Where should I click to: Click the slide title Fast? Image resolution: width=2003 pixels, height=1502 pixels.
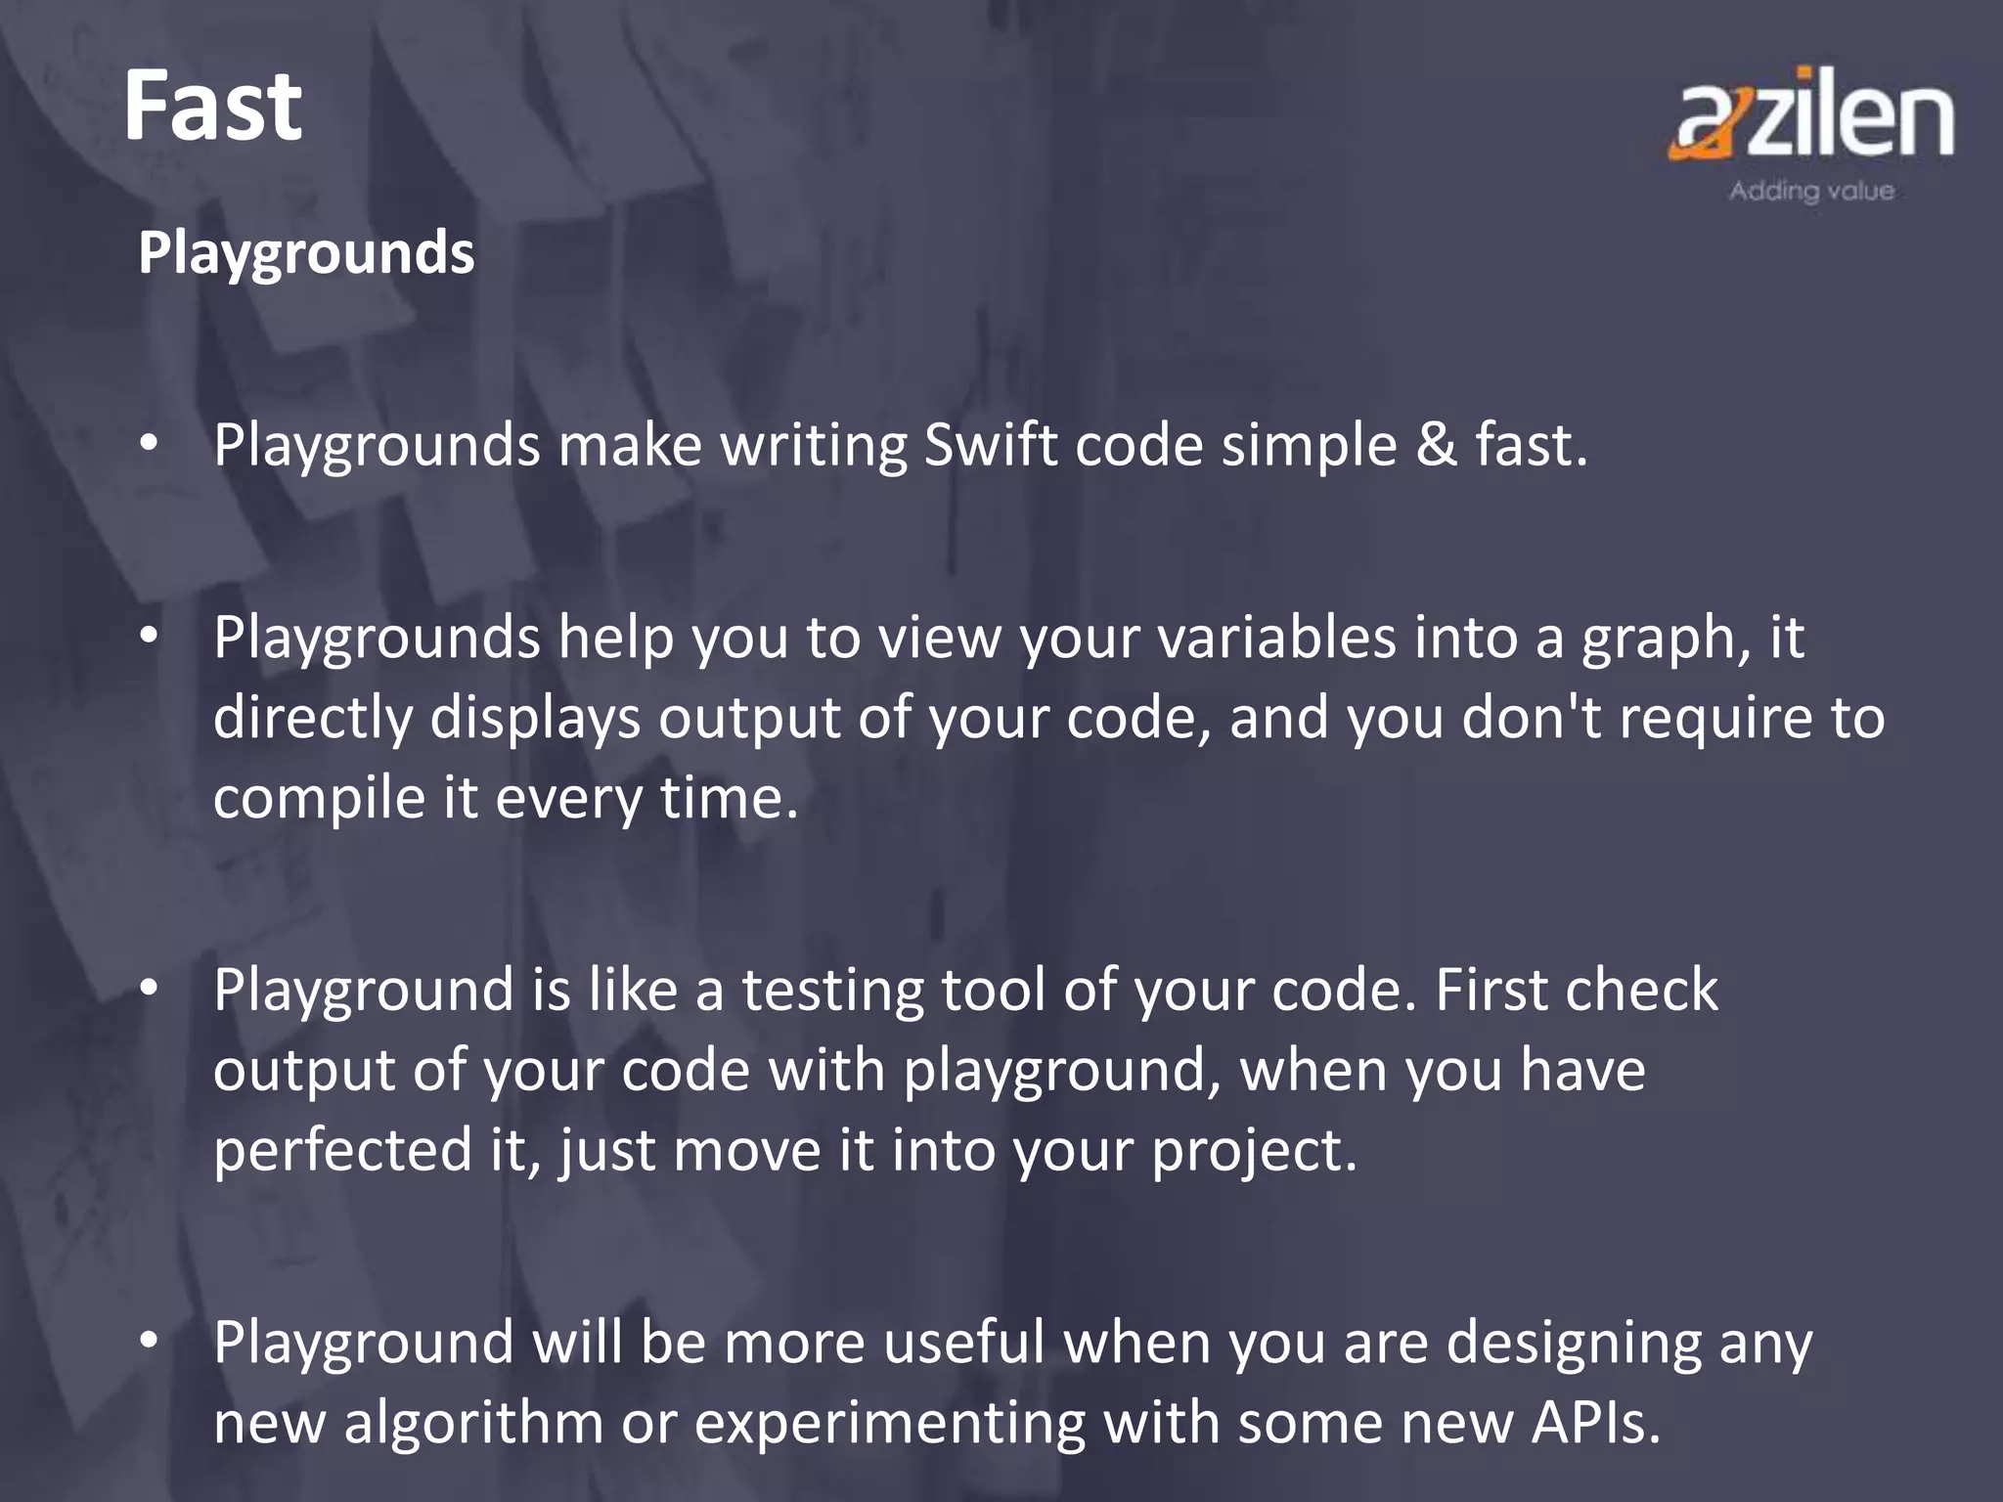pos(212,107)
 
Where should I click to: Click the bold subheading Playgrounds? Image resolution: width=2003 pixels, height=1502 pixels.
pos(306,253)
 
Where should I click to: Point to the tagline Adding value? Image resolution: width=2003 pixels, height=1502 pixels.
pos(1811,191)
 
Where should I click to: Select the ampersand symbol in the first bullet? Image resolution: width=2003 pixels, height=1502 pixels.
pos(1436,446)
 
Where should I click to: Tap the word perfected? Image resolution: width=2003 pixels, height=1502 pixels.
pos(342,1150)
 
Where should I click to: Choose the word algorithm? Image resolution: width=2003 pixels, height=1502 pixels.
pos(473,1422)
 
